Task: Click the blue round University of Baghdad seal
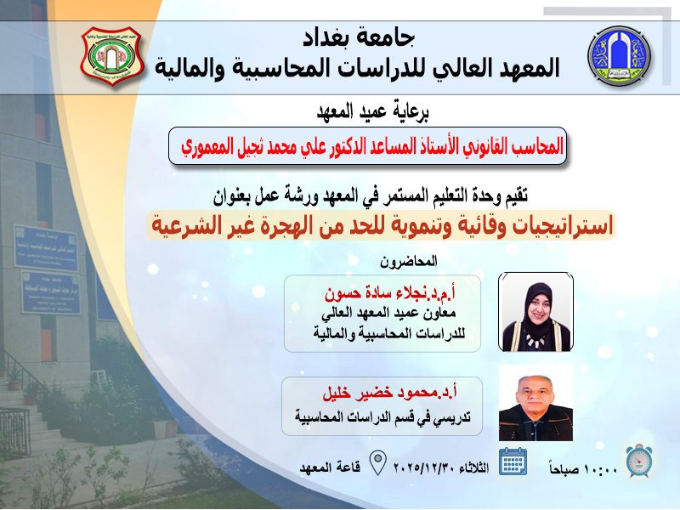tap(619, 56)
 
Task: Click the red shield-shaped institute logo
tap(112, 56)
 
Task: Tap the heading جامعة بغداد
tap(359, 37)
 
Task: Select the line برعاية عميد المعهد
tap(372, 111)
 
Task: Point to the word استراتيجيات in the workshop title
tap(563, 225)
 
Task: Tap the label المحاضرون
tap(409, 261)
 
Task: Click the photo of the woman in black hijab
tap(535, 311)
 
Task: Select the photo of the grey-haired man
tap(535, 403)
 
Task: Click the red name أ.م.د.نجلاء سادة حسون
tap(390, 293)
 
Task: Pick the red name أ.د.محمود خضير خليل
tap(389, 392)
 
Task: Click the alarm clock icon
tap(639, 461)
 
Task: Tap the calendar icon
tap(513, 462)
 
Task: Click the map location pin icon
tap(377, 462)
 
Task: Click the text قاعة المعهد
tap(330, 467)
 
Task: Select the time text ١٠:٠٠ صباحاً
tap(583, 469)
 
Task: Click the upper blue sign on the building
tap(46, 247)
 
